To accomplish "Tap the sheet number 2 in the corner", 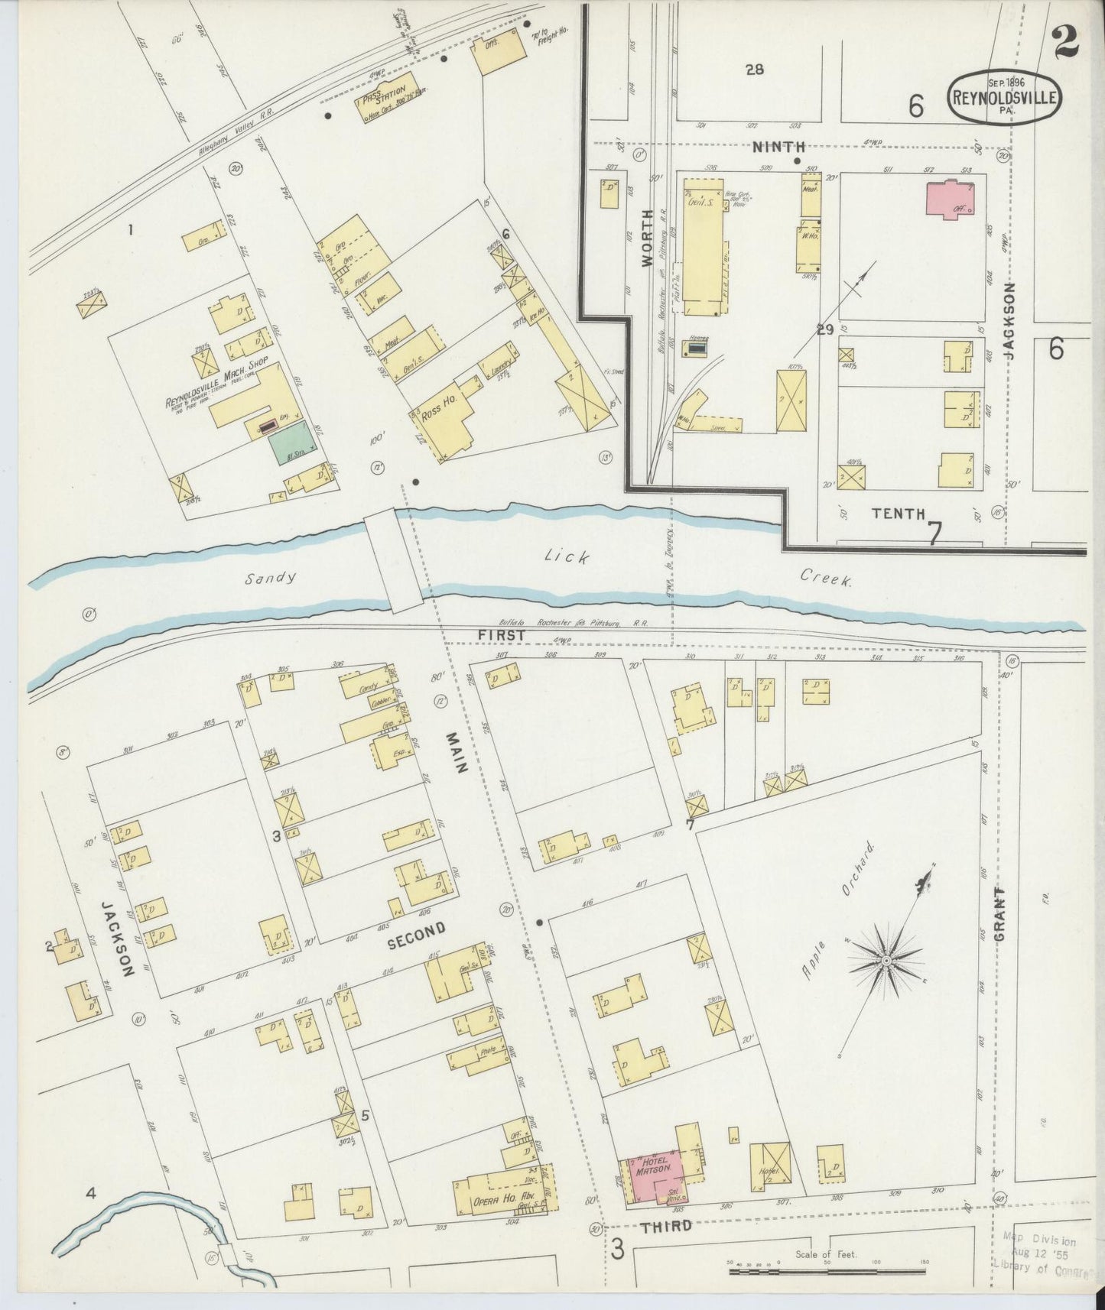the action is (1064, 42).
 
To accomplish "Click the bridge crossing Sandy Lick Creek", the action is (394, 561).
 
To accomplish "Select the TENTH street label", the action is (899, 513).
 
